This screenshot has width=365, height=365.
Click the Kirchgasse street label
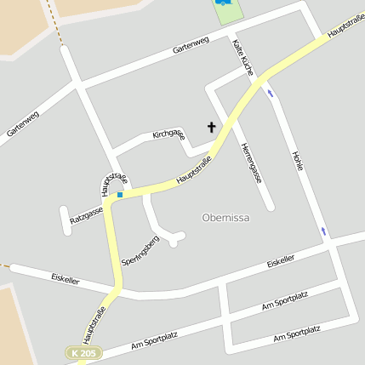tap(168, 134)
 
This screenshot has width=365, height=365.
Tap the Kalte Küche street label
tap(242, 57)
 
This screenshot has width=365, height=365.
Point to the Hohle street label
tap(297, 162)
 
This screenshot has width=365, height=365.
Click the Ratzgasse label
tap(86, 214)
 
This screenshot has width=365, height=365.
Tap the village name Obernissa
tap(226, 218)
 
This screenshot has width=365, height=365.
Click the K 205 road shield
tap(85, 352)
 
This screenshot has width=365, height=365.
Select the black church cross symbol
tap(211, 128)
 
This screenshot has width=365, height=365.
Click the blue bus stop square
tap(120, 195)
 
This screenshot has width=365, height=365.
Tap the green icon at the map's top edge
tap(224, 4)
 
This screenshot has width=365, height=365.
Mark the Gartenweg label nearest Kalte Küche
tap(190, 45)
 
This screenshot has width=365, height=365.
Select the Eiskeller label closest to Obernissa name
tap(281, 259)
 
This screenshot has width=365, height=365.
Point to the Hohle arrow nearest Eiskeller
tap(323, 231)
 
